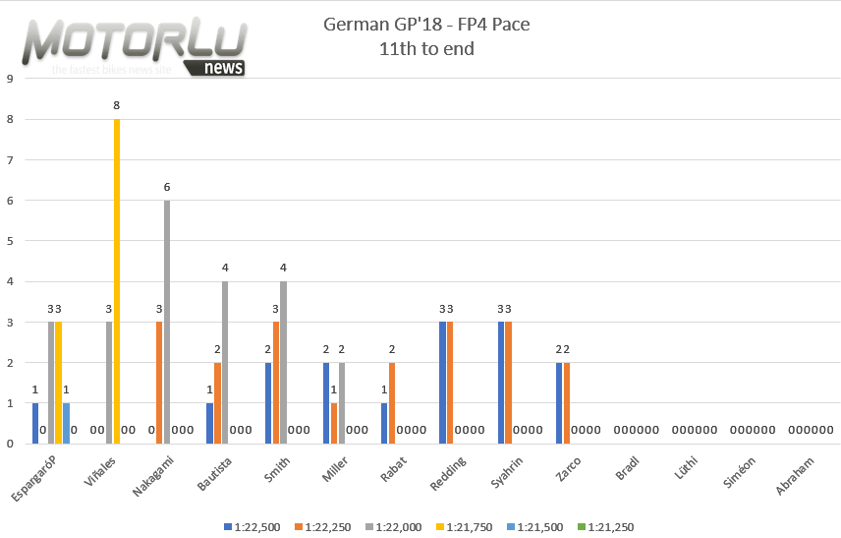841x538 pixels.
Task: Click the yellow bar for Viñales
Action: point(117,281)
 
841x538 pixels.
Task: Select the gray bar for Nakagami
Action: point(167,322)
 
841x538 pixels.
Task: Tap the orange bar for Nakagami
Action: point(159,383)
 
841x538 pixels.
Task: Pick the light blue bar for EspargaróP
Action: point(67,423)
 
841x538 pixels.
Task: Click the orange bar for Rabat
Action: point(392,403)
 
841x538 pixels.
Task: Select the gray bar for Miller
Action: point(342,403)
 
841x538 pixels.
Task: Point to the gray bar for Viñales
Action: point(109,383)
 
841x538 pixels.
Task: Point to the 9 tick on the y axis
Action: point(9,80)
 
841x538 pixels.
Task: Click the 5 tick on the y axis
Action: point(9,241)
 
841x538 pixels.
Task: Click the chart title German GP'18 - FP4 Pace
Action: point(425,25)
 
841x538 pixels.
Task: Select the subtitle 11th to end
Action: point(425,47)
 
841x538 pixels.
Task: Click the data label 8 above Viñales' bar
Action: point(117,106)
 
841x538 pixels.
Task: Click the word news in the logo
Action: point(226,67)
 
